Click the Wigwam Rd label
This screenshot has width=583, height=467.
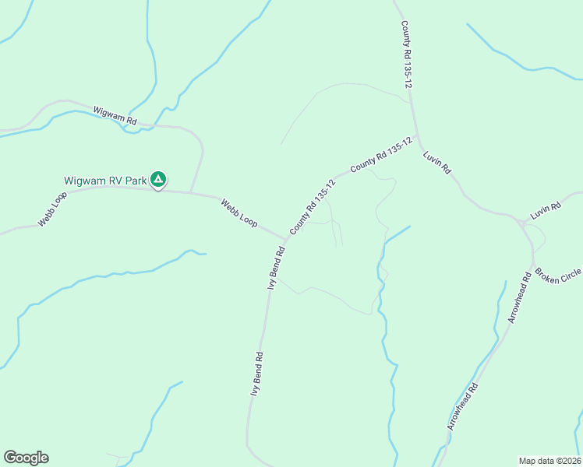coord(115,116)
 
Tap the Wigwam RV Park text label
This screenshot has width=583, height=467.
coord(105,181)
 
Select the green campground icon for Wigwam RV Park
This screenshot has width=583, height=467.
coord(158,181)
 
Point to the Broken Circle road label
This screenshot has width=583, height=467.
coord(559,276)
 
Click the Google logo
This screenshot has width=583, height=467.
coord(26,458)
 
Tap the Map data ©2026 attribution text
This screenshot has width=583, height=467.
coord(549,461)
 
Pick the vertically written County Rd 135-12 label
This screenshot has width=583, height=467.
coord(405,54)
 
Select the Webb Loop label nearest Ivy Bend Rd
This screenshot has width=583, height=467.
coord(238,212)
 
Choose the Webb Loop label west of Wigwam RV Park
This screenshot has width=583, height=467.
coord(52,209)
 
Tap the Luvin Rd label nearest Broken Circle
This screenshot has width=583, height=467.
coord(546,210)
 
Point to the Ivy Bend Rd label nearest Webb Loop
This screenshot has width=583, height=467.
coord(277,269)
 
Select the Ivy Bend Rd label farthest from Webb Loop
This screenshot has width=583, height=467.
coord(256,374)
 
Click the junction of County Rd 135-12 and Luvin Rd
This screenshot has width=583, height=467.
coord(419,138)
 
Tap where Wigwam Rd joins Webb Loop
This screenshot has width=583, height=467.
coord(192,191)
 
